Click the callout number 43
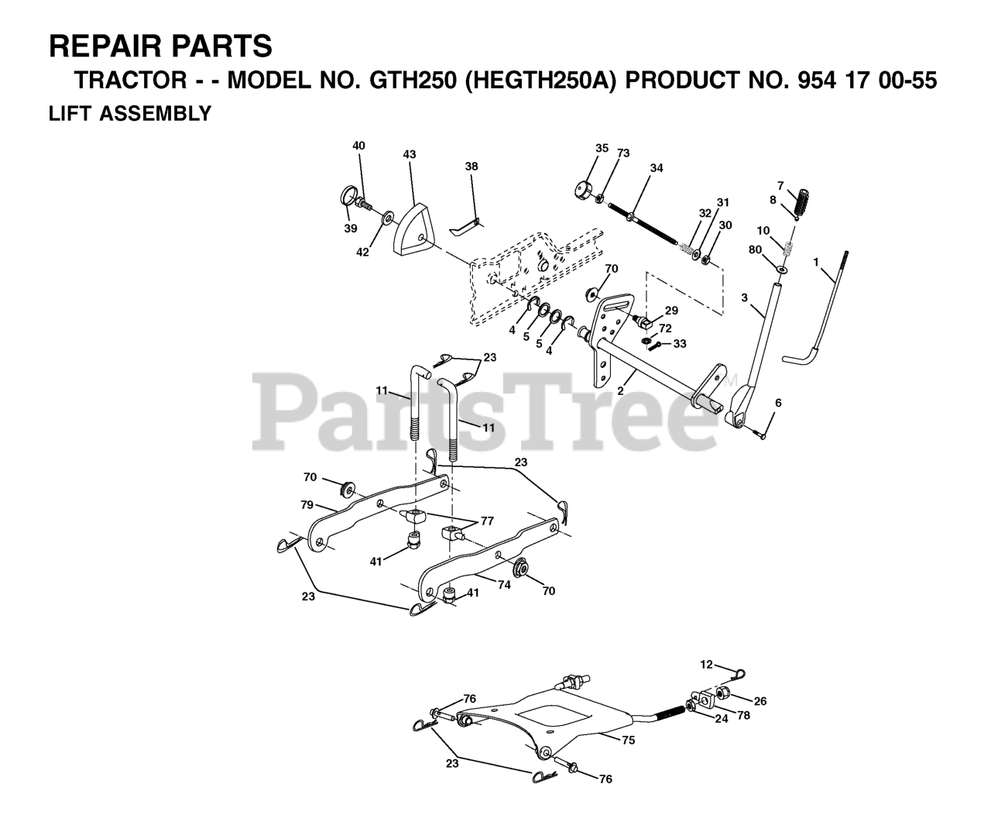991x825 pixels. coord(410,154)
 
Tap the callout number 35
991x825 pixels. coord(602,148)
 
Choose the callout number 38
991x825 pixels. coord(471,167)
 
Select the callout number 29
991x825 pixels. coord(671,310)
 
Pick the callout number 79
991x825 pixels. coord(307,504)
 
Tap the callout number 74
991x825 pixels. coord(504,586)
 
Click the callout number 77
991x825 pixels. coord(487,521)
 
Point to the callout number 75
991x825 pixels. coord(628,740)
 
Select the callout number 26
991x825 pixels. coord(760,701)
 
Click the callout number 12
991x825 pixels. coord(705,664)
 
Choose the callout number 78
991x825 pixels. coord(743,716)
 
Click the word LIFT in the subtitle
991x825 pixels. coord(67,114)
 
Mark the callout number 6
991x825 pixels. coord(778,402)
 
